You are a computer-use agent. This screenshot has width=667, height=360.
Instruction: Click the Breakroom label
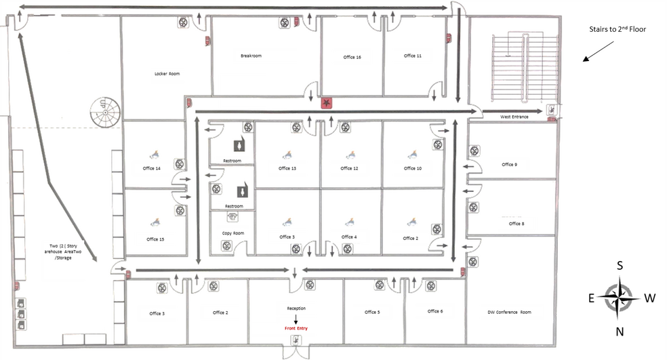[x=251, y=56]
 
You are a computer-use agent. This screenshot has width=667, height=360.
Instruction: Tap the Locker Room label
[x=167, y=74]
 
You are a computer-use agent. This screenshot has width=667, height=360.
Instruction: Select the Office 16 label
[x=352, y=57]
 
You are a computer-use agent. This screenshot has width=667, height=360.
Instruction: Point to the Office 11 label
[x=413, y=56]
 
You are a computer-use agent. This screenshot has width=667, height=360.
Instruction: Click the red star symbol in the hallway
[x=326, y=102]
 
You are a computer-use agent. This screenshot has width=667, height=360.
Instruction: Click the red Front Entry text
[x=296, y=328]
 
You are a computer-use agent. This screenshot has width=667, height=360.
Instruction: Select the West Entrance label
[x=514, y=117]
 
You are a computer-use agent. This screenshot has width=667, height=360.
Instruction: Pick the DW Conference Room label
[x=509, y=312]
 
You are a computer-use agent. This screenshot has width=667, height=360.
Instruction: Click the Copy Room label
[x=233, y=233]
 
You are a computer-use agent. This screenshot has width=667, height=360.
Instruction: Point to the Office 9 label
[x=509, y=164]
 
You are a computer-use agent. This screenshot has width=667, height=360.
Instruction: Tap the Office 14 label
[x=151, y=168]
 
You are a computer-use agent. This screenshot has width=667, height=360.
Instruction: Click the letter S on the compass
[x=620, y=266]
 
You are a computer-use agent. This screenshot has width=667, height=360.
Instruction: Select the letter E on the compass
[x=591, y=298]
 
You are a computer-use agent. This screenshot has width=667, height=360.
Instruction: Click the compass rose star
[x=620, y=298]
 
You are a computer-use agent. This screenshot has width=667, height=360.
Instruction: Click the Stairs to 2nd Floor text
[x=618, y=29]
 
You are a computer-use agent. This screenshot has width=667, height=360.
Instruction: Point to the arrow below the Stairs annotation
[x=598, y=52]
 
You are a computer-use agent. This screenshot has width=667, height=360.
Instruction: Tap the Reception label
[x=296, y=308]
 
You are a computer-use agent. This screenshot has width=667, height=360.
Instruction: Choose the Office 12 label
[x=349, y=168]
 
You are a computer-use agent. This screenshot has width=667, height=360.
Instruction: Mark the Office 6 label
[x=435, y=311]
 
